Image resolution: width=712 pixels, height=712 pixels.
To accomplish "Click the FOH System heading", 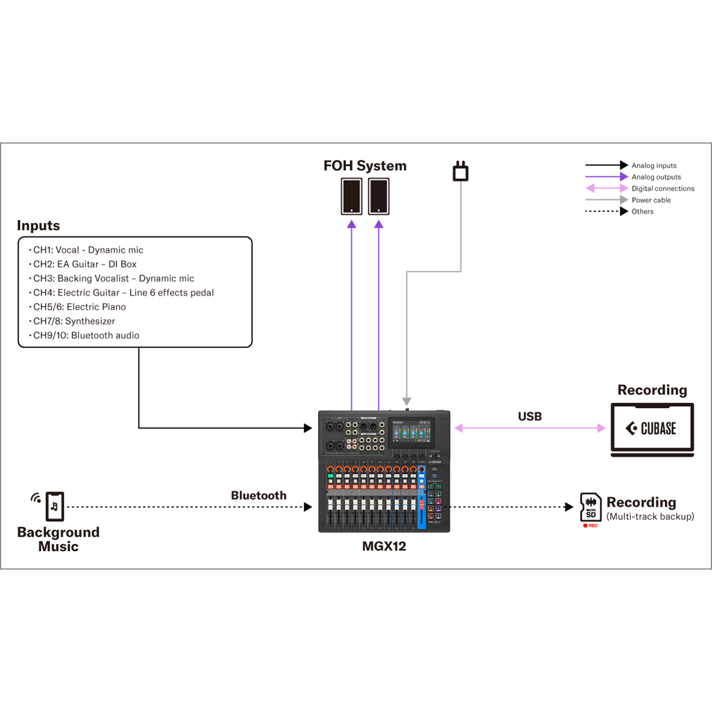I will (x=365, y=166).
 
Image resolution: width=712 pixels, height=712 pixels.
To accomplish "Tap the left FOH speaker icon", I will (x=352, y=196).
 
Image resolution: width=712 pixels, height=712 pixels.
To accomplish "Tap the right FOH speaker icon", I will (x=379, y=196).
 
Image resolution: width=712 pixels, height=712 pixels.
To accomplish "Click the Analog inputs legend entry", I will (x=654, y=165).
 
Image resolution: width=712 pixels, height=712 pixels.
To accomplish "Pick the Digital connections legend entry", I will (x=662, y=189).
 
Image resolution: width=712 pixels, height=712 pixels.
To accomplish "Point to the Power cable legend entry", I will (x=651, y=200).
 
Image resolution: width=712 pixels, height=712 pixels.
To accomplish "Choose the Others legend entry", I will (x=642, y=211).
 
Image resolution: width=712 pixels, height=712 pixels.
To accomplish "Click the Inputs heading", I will (x=38, y=225).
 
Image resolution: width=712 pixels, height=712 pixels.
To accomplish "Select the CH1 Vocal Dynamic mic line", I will (x=88, y=250).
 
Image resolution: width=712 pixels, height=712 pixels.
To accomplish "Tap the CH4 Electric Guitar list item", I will (x=123, y=293).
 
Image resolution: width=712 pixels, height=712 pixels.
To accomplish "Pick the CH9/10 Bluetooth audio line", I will (x=86, y=335).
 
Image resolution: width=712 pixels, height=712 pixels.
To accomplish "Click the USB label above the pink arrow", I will (x=530, y=417).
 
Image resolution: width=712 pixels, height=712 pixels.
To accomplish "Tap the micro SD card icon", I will (x=591, y=507).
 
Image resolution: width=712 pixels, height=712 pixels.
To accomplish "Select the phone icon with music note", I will (x=55, y=506).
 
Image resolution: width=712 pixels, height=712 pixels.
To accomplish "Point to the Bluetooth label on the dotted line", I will (x=259, y=496).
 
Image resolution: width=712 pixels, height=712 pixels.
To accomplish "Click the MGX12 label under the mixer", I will (x=384, y=546).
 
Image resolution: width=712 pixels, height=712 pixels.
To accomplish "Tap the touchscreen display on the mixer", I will (x=411, y=432).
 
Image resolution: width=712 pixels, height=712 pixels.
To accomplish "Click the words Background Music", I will (x=58, y=539).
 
